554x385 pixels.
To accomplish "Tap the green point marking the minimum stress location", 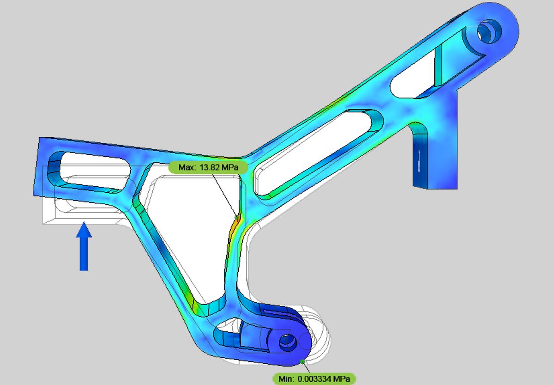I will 301,361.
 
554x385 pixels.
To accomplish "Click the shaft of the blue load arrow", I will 84,254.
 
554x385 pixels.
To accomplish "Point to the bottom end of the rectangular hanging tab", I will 434,187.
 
